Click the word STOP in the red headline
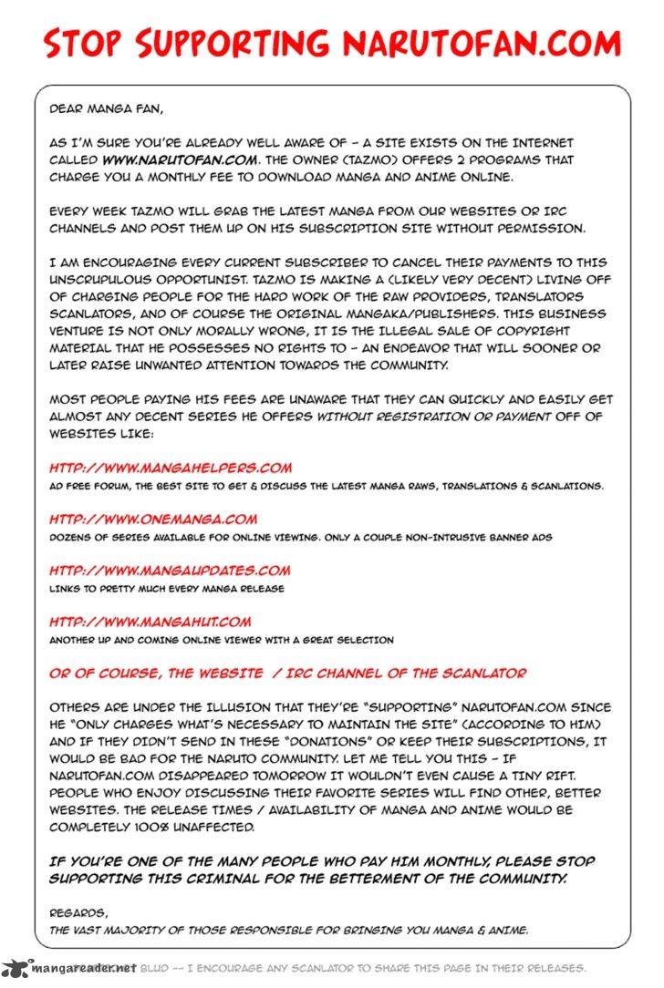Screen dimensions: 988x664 [85, 44]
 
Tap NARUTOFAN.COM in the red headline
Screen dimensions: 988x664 [482, 44]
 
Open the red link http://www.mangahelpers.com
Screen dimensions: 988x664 [171, 468]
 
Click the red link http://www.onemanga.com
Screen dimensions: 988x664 [153, 520]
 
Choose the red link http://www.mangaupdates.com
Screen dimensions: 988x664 [170, 571]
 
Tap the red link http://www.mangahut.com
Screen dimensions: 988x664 [150, 622]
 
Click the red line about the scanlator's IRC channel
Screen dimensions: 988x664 [287, 673]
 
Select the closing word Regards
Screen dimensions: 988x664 [78, 912]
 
